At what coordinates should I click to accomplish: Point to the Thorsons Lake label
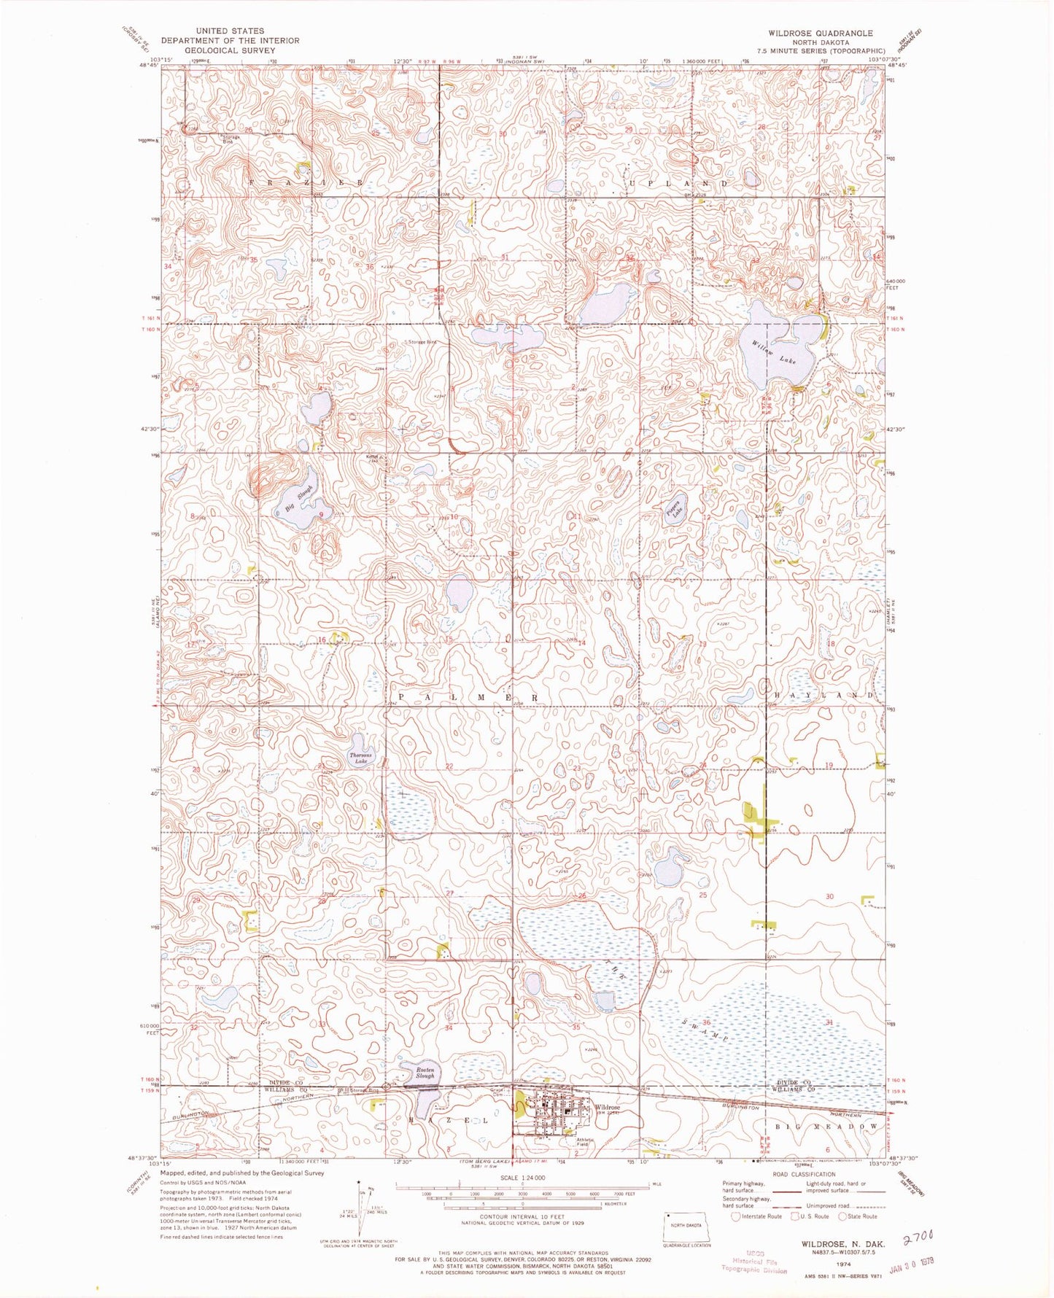point(360,758)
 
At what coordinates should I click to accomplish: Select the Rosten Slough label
point(425,1072)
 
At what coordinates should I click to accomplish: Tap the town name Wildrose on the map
point(607,1107)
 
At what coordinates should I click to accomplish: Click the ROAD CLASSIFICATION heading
point(803,1174)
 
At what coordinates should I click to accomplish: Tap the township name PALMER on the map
point(468,698)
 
